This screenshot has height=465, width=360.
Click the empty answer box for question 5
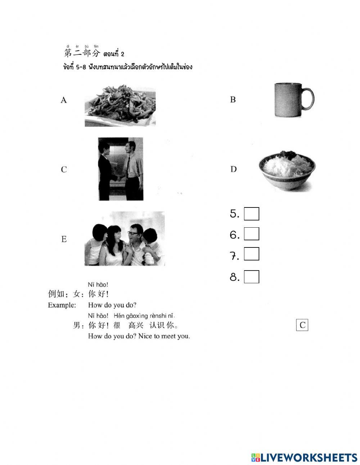point(251,214)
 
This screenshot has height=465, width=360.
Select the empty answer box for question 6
point(251,234)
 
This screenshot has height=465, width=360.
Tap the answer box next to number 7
point(251,255)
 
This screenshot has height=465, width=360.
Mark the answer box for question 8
point(251,277)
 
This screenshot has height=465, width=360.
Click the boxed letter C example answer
point(302,325)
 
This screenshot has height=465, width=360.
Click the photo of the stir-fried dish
point(120,106)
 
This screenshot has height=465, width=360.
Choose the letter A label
point(64,100)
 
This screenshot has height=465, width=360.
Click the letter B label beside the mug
point(233,100)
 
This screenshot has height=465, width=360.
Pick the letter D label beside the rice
point(233,169)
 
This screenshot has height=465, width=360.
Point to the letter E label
point(64,239)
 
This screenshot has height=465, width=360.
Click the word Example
point(62,305)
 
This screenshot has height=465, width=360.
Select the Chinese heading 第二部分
point(81,53)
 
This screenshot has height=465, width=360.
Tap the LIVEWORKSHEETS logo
point(304,457)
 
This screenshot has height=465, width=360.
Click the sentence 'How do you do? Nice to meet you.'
point(139,336)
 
